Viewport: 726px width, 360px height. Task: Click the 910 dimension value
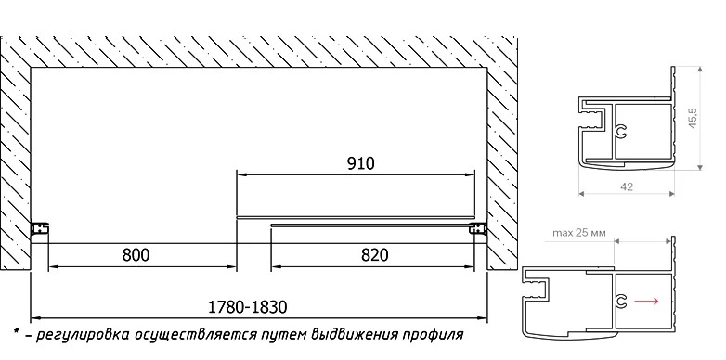click(360, 163)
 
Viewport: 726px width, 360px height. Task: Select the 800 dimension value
click(136, 255)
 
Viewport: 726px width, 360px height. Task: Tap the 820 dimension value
click(374, 255)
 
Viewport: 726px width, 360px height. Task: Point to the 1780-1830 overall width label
click(248, 307)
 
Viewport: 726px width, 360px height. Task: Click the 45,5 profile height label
click(694, 119)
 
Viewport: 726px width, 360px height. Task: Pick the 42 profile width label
click(627, 186)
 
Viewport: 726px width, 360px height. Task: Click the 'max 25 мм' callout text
click(579, 232)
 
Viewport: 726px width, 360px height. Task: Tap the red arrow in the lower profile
click(646, 302)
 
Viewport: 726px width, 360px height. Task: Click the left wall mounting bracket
click(40, 228)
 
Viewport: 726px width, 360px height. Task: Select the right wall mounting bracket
click(478, 228)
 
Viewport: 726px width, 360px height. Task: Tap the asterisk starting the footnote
click(17, 331)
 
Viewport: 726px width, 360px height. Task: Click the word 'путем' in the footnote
click(282, 335)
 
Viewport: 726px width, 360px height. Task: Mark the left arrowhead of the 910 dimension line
click(240, 175)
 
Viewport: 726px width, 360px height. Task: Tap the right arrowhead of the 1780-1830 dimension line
click(483, 318)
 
